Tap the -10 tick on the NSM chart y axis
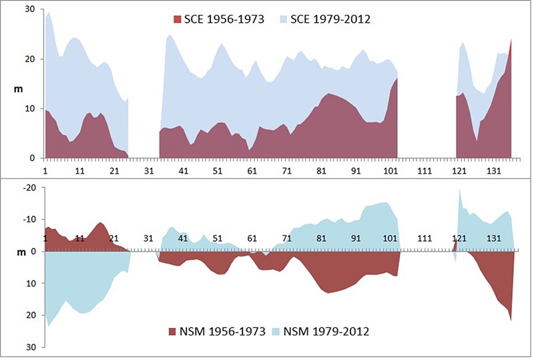click(x=29, y=219)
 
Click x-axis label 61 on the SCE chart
click(x=252, y=172)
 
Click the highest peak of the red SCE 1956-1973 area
click(x=511, y=39)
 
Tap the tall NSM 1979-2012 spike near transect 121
click(x=460, y=190)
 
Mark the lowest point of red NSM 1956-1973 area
click(x=511, y=321)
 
